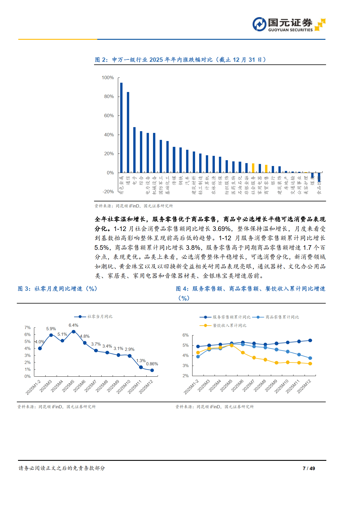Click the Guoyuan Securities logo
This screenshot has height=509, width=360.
pyautogui.click(x=289, y=24)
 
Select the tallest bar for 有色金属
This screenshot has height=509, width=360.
pyautogui.click(x=121, y=128)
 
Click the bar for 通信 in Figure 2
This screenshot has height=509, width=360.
pyautogui.click(x=128, y=132)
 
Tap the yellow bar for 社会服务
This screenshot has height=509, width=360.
pyautogui.click(x=253, y=168)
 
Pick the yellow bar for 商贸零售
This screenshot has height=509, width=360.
pyautogui.click(x=266, y=169)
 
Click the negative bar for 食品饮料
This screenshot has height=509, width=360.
pyautogui.click(x=319, y=177)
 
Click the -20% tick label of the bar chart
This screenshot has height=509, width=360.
pyautogui.click(x=108, y=192)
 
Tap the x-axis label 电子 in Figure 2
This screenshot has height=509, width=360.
pyautogui.click(x=135, y=180)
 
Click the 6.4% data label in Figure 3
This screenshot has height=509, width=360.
pyautogui.click(x=73, y=325)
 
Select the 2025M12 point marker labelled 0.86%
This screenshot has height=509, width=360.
pyautogui.click(x=152, y=370)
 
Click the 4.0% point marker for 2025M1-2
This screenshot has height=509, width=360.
pyautogui.click(x=40, y=348)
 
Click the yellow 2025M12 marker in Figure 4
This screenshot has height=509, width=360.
pyautogui.click(x=310, y=364)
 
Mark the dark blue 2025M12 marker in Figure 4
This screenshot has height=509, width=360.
pyautogui.click(x=310, y=340)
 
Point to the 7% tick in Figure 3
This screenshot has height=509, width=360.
pyautogui.click(x=28, y=328)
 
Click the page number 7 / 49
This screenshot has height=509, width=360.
pyautogui.click(x=309, y=468)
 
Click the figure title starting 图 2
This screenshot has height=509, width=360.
pyautogui.click(x=180, y=60)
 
